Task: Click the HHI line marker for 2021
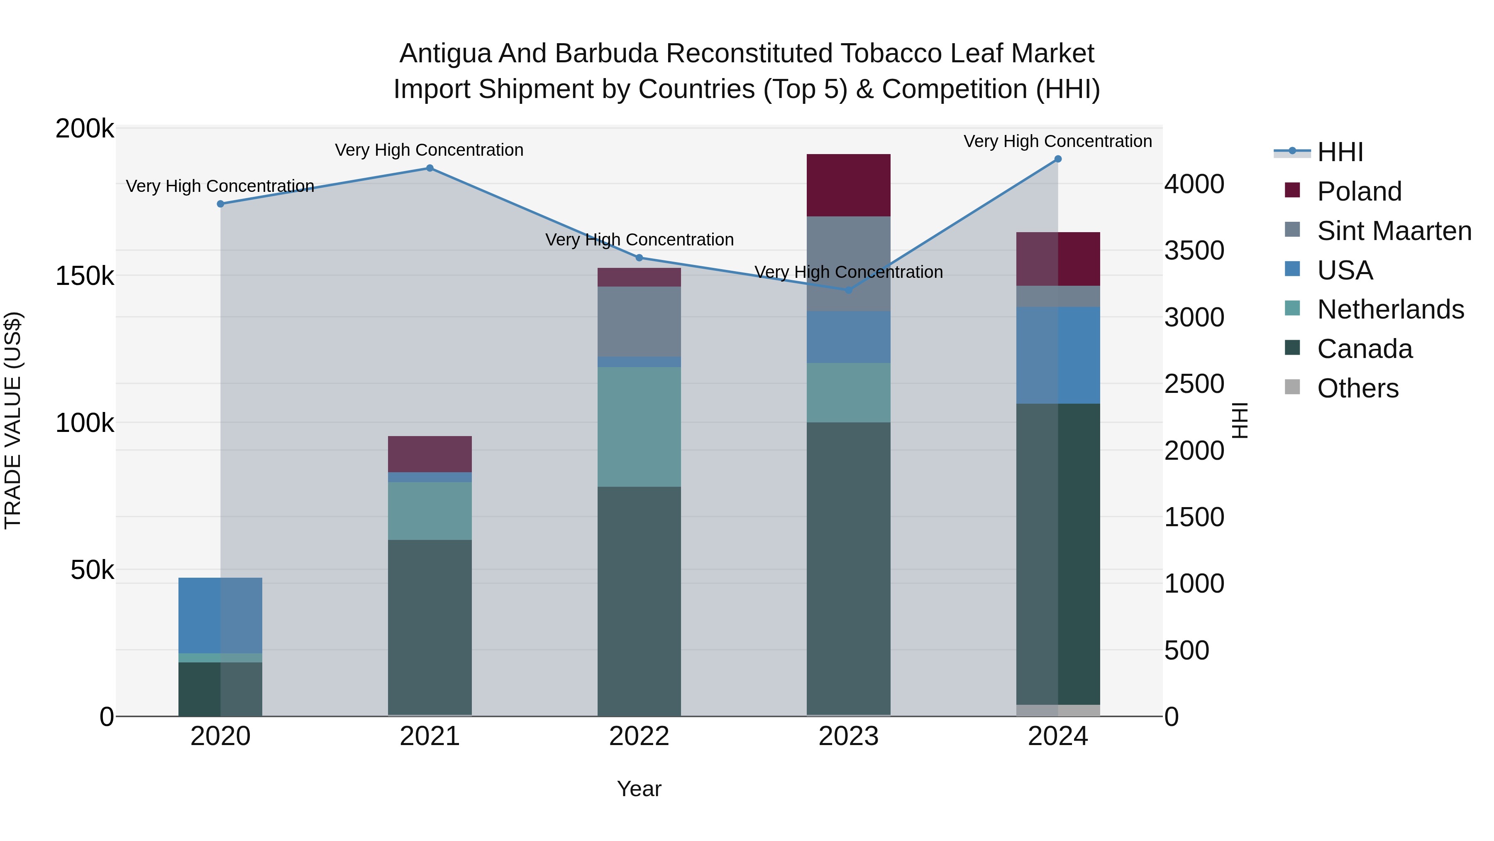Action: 430,168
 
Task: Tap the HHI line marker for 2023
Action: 849,289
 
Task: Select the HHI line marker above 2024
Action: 1058,159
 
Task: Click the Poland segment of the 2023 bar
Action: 849,185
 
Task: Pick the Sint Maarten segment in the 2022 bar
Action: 639,321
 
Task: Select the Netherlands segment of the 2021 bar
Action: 430,511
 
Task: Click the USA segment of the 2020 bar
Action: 220,615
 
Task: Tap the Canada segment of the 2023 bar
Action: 849,569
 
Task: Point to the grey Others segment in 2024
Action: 1058,711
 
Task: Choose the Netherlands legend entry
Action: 1390,309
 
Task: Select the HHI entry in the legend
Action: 1340,152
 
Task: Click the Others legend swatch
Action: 1292,387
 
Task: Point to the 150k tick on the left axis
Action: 85,276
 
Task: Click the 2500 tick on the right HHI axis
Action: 1194,384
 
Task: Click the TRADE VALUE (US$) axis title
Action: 13,420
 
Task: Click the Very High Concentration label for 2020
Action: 220,186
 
